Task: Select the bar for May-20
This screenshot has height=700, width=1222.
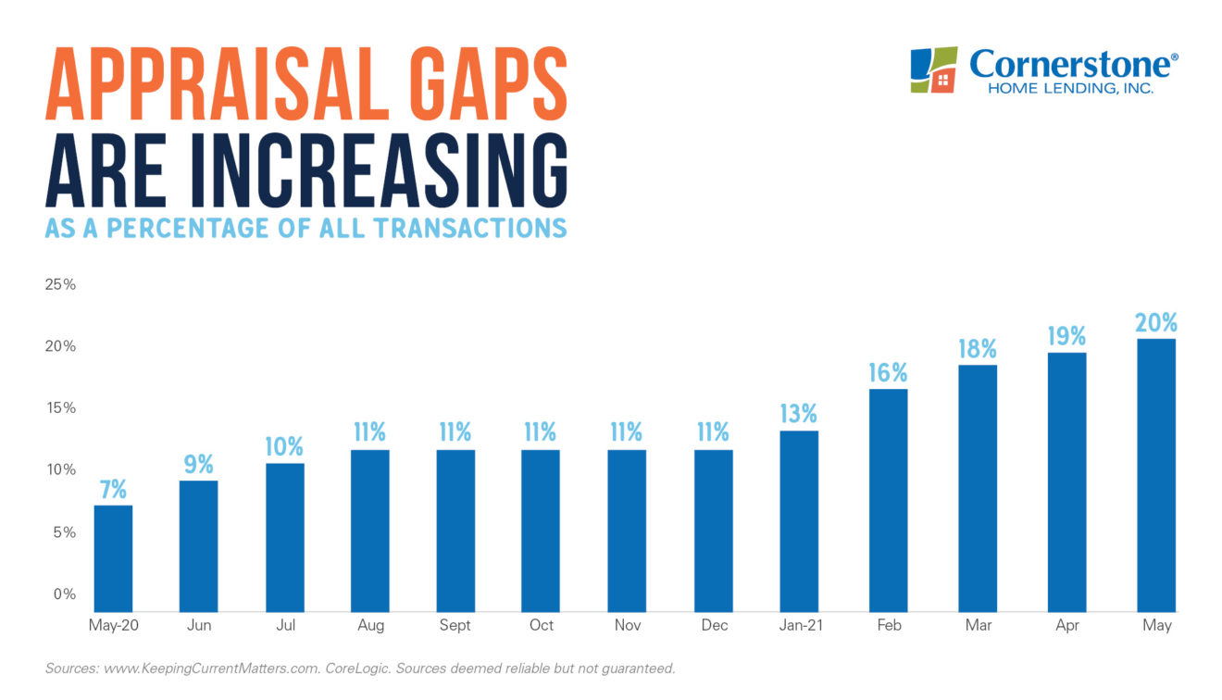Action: [x=113, y=557]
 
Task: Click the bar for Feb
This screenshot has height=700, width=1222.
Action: [x=888, y=500]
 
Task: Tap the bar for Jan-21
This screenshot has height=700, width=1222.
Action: [x=799, y=520]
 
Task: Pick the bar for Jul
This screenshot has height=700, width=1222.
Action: [x=284, y=537]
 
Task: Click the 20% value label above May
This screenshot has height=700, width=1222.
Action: [x=1156, y=323]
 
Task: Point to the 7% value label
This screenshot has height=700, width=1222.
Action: [x=113, y=489]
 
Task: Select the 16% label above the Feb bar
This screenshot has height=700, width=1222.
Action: [x=888, y=373]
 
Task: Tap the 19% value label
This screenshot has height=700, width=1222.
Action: [x=1067, y=336]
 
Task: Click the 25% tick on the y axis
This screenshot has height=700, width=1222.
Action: [x=60, y=284]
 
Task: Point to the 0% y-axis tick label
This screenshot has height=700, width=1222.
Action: [x=64, y=594]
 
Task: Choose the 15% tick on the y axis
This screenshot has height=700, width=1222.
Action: [x=60, y=408]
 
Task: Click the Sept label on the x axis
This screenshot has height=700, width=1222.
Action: [x=455, y=626]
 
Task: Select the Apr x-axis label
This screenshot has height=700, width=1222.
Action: [x=1067, y=626]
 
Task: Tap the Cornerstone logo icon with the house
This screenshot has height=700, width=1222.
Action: [x=933, y=70]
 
